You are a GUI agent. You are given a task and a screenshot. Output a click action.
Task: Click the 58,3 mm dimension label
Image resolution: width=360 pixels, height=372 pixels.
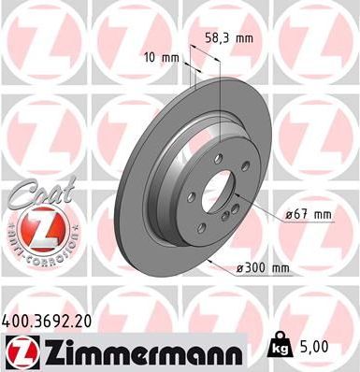pos(229,39)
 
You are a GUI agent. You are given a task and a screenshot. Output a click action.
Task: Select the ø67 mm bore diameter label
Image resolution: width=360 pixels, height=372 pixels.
pos(309,216)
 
